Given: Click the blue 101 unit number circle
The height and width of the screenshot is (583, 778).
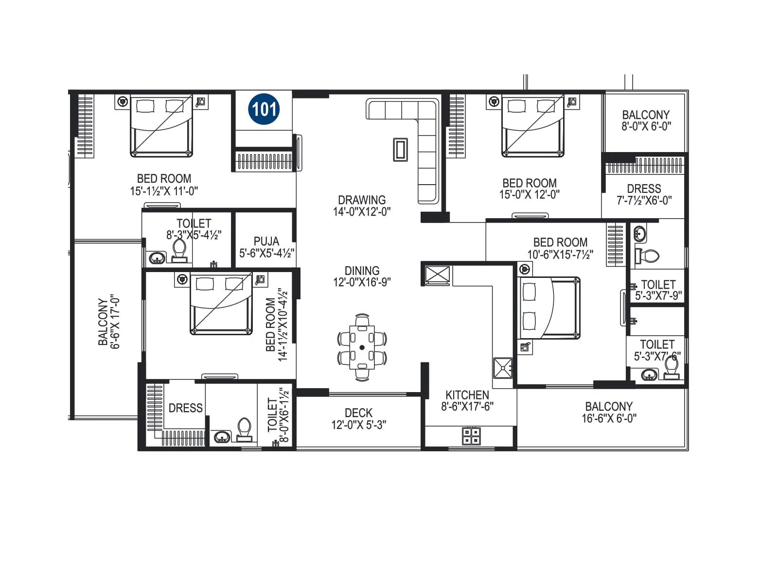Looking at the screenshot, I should click(264, 109).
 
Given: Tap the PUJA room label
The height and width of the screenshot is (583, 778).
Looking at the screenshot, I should click(266, 247).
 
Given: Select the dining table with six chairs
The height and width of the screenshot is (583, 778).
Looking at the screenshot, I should click(362, 347).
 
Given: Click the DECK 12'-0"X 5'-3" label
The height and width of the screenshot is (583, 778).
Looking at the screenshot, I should click(359, 418).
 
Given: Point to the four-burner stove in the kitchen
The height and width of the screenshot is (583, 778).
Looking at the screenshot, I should click(471, 436).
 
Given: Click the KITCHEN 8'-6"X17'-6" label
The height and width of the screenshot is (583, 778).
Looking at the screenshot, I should click(467, 400).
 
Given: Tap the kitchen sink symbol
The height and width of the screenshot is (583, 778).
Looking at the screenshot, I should click(503, 368).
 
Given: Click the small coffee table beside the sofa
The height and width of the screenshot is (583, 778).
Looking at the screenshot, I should click(400, 150).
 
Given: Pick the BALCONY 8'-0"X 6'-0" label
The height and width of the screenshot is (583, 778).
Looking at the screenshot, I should click(646, 120).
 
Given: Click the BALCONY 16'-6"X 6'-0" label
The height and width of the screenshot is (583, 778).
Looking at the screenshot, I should click(609, 412).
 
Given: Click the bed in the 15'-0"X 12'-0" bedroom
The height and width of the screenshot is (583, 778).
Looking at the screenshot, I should click(532, 126).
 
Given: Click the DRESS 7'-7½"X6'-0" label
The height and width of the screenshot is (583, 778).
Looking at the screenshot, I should click(644, 194).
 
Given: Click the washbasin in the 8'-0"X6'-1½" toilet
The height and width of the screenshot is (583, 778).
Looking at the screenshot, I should click(222, 436).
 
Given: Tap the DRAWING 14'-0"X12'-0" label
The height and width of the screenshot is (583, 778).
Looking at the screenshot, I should click(362, 206).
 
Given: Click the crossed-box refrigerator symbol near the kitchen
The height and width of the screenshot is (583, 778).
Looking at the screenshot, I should click(437, 275).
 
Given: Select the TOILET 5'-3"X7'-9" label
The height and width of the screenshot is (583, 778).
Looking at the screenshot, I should click(658, 290).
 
